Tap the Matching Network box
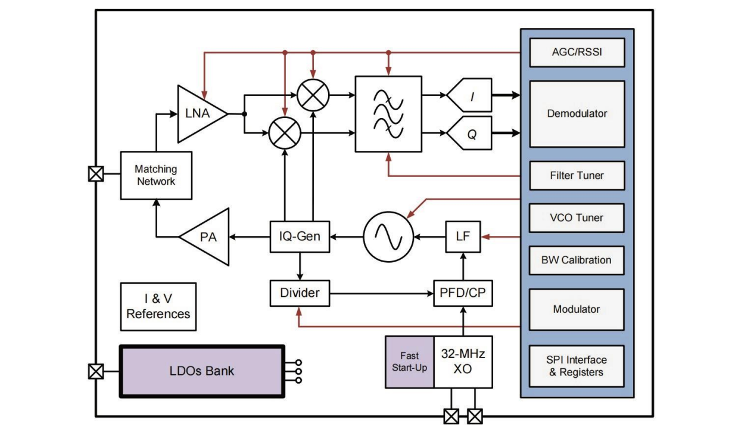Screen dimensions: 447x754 [157, 175]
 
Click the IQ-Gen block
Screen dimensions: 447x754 [300, 237]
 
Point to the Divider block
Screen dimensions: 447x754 [300, 293]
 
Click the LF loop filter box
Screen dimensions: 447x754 [463, 237]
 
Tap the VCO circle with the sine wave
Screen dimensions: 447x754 [389, 237]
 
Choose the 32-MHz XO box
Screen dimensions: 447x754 [463, 361]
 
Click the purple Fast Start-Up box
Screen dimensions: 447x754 [410, 361]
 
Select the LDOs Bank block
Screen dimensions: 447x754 [202, 371]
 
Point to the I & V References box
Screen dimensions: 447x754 [158, 306]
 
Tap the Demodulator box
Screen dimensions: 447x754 [577, 113]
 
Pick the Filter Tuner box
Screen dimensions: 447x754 [577, 176]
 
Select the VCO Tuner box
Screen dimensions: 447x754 [577, 218]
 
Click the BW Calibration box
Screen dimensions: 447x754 [577, 260]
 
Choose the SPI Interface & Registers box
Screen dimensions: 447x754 [577, 366]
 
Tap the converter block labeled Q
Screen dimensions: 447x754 [471, 135]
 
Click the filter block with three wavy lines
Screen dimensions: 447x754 [388, 113]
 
